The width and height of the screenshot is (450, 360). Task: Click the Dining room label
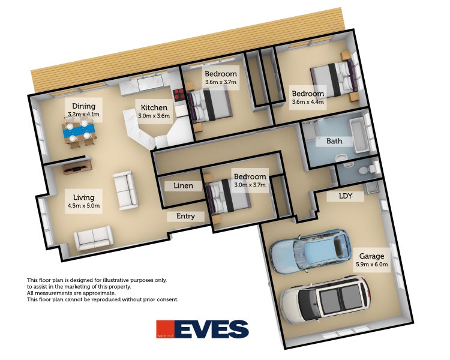[83, 106]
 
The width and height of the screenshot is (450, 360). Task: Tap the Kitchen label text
[154, 107]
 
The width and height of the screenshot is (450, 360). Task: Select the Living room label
[83, 197]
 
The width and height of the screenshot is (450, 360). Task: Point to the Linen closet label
[184, 186]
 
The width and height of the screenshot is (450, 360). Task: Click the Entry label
[185, 216]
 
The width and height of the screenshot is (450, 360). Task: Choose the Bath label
[334, 141]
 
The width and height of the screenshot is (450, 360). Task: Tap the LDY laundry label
[346, 196]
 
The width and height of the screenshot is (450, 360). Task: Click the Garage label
[371, 256]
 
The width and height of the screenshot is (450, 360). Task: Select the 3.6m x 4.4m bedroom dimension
[308, 101]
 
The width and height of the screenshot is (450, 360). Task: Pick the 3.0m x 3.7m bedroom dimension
[250, 185]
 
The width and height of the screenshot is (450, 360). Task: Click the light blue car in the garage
[311, 250]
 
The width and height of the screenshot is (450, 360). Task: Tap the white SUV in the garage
[325, 300]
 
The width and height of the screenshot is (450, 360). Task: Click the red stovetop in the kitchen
[179, 94]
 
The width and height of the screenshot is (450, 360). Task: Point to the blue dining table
[79, 131]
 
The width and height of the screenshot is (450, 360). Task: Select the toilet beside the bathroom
[368, 169]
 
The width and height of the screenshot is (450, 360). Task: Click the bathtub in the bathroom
[358, 136]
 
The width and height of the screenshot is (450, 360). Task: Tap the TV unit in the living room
[77, 167]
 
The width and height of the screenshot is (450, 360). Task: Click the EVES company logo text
[212, 329]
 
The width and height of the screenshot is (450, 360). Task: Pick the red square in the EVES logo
[166, 329]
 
